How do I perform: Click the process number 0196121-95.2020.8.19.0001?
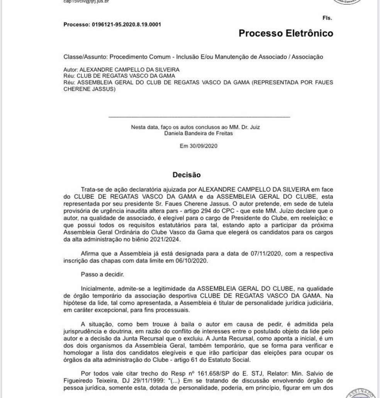[126, 24]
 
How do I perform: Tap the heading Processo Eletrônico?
[286, 33]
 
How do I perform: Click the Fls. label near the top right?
[327, 18]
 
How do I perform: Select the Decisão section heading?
[187, 175]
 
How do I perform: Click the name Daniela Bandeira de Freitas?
[198, 133]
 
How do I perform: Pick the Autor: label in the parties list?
[71, 70]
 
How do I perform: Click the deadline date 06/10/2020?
[194, 260]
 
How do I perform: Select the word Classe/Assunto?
[85, 57]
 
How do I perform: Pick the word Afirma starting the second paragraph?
[90, 254]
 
